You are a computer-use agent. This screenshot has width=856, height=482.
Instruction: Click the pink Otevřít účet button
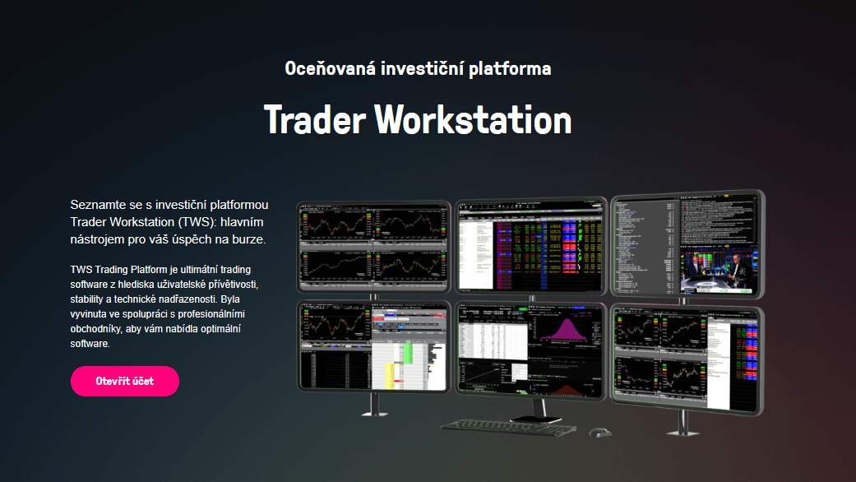125,381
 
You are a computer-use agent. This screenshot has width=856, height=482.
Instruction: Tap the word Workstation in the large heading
473,120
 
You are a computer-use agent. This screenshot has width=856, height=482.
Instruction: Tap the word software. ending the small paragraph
90,344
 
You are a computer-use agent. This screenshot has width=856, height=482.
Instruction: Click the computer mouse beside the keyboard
599,432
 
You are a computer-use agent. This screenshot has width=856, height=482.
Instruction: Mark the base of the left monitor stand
376,410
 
